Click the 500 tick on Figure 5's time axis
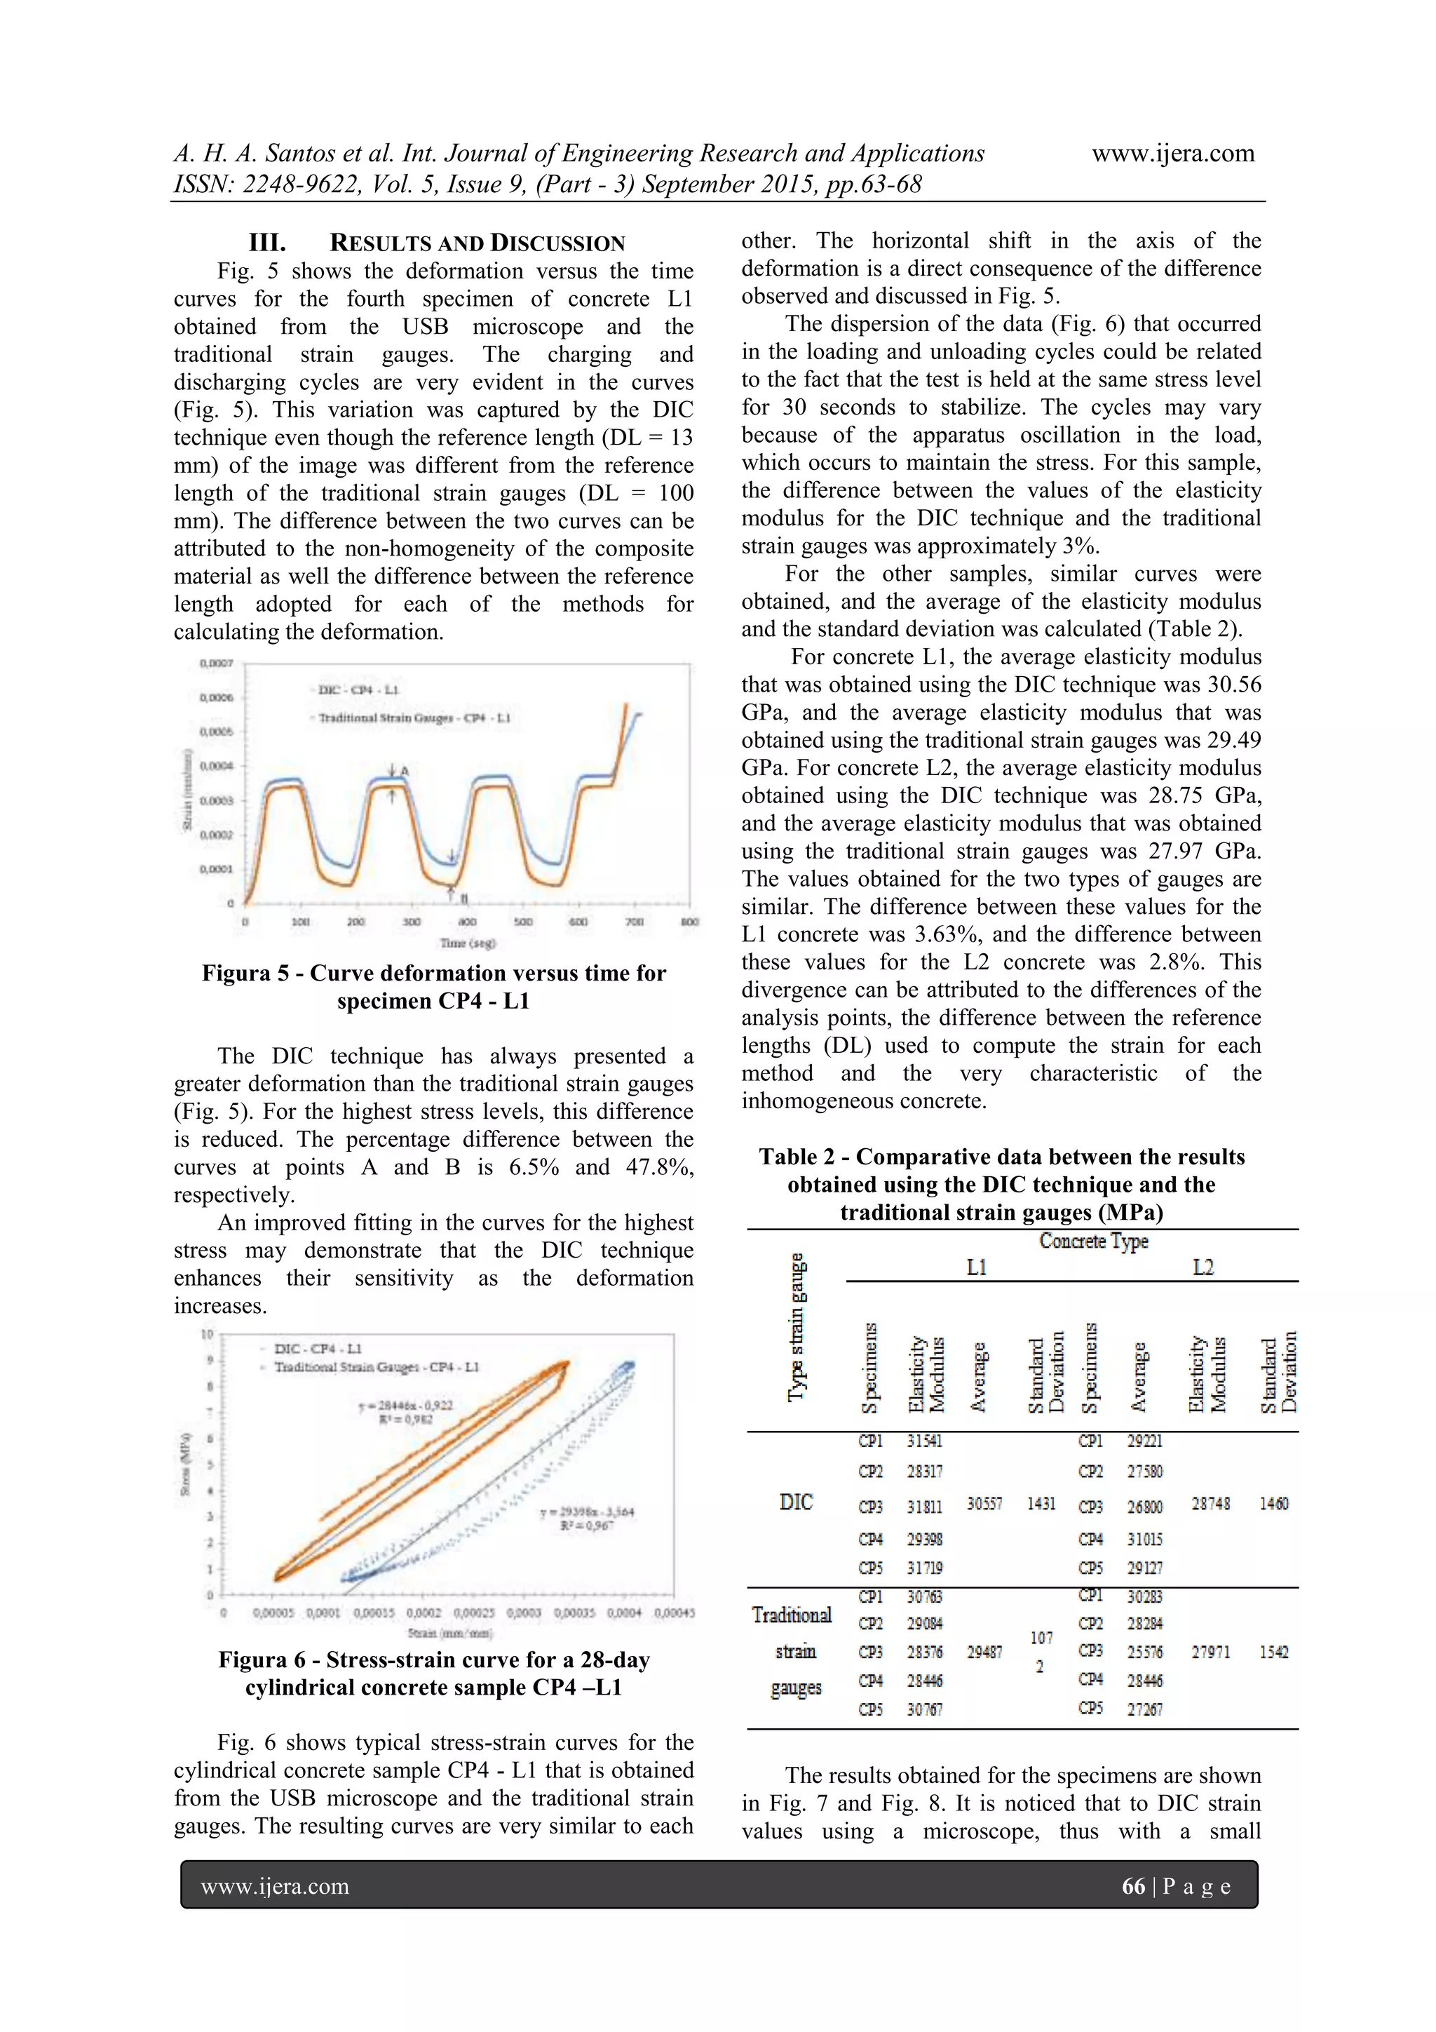(523, 922)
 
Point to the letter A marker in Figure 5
(405, 771)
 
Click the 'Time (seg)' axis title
(469, 943)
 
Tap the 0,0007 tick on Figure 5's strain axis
(216, 663)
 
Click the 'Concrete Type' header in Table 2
(1094, 1241)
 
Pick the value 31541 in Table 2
(925, 1441)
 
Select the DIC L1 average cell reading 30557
(984, 1504)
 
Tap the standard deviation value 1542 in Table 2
(1273, 1651)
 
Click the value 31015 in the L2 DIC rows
(1145, 1539)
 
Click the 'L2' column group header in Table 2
(1203, 1267)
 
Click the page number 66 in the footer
(1132, 1886)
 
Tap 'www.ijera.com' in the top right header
(1172, 153)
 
